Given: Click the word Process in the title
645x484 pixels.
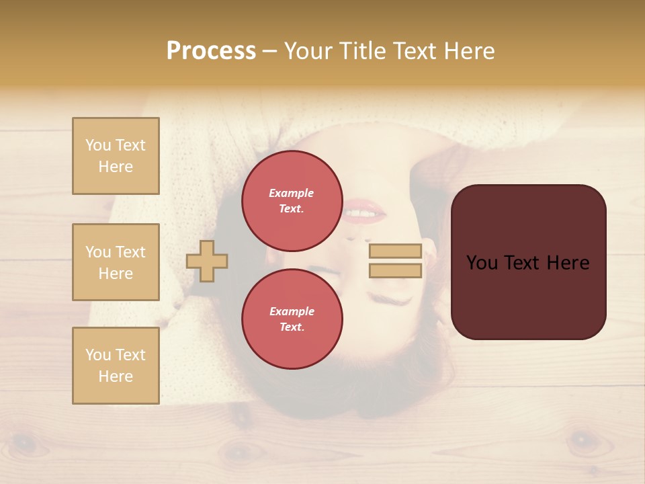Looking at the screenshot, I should click(211, 51).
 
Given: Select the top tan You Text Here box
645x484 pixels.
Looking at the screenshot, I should click(116, 156).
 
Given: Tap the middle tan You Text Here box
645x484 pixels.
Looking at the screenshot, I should click(116, 262).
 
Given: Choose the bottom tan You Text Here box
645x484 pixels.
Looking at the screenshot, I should click(116, 366).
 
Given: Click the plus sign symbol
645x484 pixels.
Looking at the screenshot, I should click(207, 261).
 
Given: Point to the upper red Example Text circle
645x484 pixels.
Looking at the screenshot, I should click(292, 201).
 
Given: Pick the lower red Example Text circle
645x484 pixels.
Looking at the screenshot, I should click(292, 319).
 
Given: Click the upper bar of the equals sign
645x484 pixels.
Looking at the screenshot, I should click(395, 251).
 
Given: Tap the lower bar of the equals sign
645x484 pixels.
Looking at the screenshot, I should click(395, 271).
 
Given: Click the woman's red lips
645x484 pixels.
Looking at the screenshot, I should click(364, 211).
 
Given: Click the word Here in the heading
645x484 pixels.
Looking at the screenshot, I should click(470, 51).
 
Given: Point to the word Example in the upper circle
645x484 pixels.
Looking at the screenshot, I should click(292, 193).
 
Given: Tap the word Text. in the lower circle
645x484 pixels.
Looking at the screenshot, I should click(292, 327).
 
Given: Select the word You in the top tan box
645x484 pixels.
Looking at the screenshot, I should click(98, 145).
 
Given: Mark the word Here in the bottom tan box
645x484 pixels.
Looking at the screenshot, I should click(116, 376).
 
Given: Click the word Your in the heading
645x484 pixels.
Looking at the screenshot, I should click(310, 51).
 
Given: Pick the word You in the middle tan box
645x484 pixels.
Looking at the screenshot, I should click(98, 252).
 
